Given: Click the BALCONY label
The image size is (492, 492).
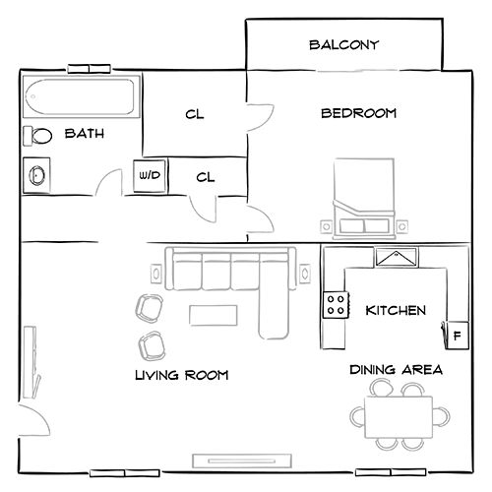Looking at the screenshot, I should pyautogui.click(x=343, y=45).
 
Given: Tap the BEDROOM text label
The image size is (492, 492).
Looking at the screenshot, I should pyautogui.click(x=359, y=114).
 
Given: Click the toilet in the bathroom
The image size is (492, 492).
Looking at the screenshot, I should pyautogui.click(x=40, y=136).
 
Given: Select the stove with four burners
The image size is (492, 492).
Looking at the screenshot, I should pyautogui.click(x=337, y=305).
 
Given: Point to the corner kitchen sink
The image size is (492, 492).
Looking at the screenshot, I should pyautogui.click(x=397, y=258).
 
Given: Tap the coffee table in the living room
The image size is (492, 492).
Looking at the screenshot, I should pyautogui.click(x=214, y=315).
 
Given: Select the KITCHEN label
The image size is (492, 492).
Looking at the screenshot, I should pyautogui.click(x=396, y=311).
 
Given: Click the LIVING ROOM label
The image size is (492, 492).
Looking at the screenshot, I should pyautogui.click(x=181, y=375).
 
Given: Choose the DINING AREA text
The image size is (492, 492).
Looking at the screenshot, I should pyautogui.click(x=396, y=370).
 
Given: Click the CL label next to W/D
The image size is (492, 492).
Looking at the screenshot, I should pyautogui.click(x=206, y=177).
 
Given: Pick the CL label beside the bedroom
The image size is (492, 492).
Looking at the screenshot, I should pyautogui.click(x=194, y=114).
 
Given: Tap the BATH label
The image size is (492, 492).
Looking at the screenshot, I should pyautogui.click(x=85, y=134).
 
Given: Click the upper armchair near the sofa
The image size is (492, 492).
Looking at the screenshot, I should pyautogui.click(x=150, y=307).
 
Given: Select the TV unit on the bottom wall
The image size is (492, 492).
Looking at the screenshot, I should pyautogui.click(x=241, y=461).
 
